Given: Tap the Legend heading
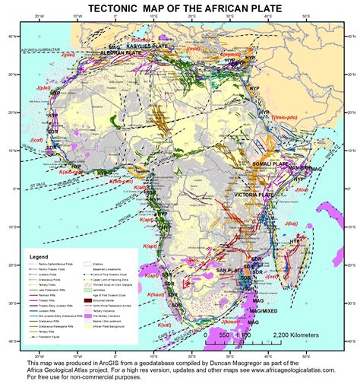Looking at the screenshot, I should pyautogui.click(x=38, y=258).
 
